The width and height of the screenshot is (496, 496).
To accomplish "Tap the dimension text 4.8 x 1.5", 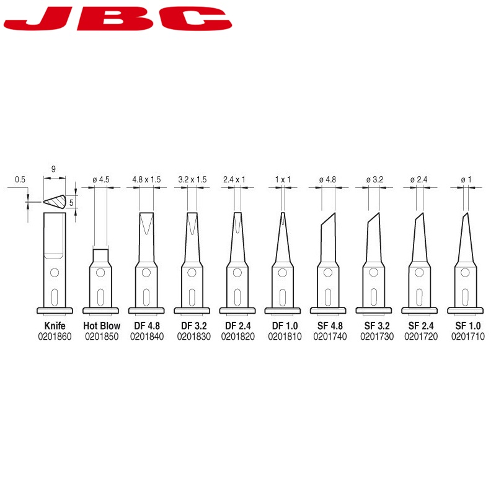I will [146, 180].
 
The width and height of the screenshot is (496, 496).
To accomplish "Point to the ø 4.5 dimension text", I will [101, 180].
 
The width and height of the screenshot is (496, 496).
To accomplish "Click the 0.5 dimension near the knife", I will [20, 180].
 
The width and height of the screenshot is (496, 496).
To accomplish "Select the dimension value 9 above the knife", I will [55, 168].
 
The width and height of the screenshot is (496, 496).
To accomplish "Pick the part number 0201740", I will [330, 337].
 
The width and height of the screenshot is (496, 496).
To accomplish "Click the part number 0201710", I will [468, 337].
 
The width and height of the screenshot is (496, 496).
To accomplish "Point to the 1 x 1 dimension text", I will [283, 180].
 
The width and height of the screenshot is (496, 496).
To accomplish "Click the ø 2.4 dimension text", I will [419, 180].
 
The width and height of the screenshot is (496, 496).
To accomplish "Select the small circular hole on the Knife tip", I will [55, 272].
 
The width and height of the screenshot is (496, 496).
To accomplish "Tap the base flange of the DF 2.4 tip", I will [237, 311].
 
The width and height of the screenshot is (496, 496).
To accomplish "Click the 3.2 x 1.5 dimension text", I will [192, 180].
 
